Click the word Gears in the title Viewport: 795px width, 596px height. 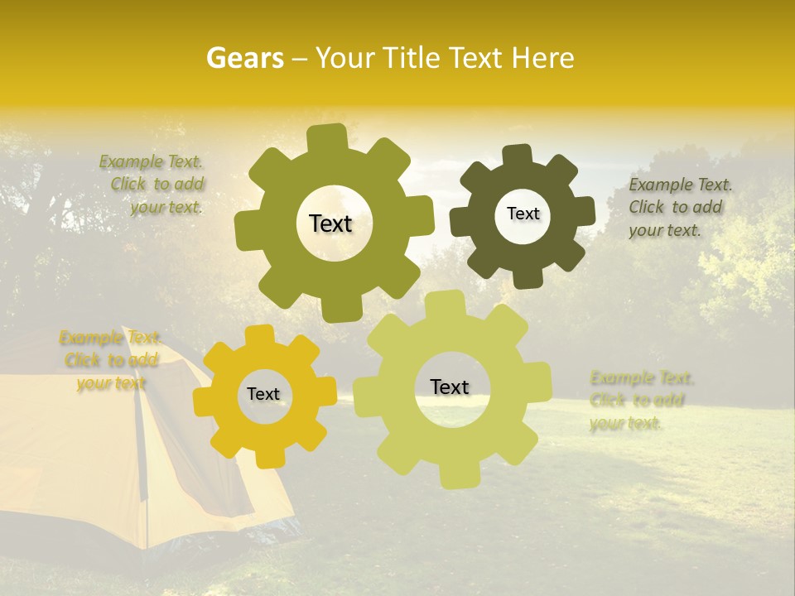(x=244, y=58)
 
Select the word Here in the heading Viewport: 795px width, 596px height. (x=543, y=58)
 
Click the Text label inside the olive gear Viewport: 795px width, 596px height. (x=330, y=223)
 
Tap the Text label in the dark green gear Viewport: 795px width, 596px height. (x=523, y=214)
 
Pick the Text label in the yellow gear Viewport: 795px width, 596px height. (x=263, y=395)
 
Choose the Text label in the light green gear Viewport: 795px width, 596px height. (x=450, y=387)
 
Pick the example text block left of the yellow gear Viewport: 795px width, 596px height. (x=109, y=360)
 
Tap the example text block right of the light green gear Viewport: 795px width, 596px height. (x=639, y=401)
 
